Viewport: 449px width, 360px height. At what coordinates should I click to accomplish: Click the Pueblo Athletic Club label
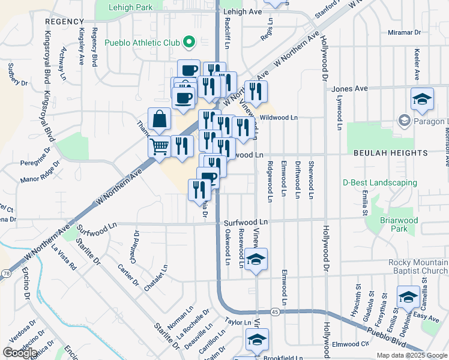pyautogui.click(x=142, y=43)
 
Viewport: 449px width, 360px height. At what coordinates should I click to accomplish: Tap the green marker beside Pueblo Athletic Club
pyautogui.click(x=189, y=42)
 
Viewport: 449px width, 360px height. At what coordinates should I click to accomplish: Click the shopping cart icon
pyautogui.click(x=159, y=146)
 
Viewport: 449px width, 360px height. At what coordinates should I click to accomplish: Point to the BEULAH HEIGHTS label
pyautogui.click(x=390, y=153)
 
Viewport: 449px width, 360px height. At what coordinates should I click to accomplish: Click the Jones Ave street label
pyautogui.click(x=349, y=89)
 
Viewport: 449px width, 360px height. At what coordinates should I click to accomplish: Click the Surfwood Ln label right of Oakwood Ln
pyautogui.click(x=246, y=222)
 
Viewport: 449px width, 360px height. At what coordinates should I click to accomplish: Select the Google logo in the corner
pyautogui.click(x=20, y=353)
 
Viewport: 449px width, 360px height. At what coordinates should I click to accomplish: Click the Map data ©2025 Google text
pyautogui.click(x=412, y=355)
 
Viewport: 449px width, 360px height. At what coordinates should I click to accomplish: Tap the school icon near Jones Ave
pyautogui.click(x=422, y=99)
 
